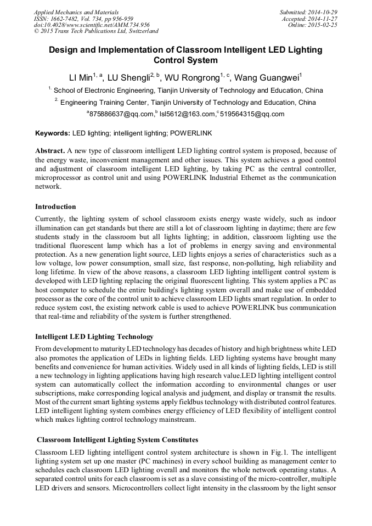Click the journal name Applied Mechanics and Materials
(x=76, y=12)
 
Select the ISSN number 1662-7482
(x=69, y=19)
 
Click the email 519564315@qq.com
(x=252, y=114)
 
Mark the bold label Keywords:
(x=53, y=133)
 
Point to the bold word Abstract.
(x=50, y=151)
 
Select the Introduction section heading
(x=55, y=207)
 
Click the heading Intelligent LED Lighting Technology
(x=94, y=336)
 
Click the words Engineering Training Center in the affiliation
(x=99, y=103)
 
